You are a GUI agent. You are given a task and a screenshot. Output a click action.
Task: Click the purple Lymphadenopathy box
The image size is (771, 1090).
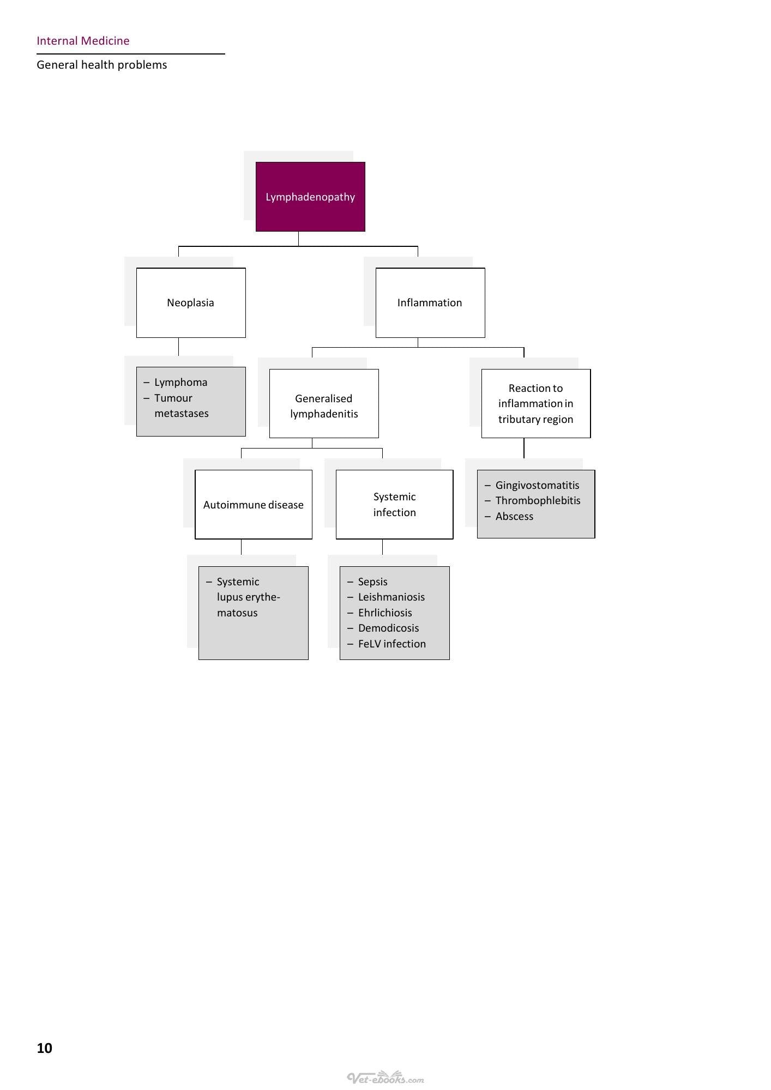pyautogui.click(x=310, y=197)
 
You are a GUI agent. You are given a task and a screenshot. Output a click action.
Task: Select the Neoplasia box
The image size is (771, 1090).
pyautogui.click(x=191, y=302)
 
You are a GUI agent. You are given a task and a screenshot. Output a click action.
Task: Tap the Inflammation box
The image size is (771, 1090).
pyautogui.click(x=430, y=302)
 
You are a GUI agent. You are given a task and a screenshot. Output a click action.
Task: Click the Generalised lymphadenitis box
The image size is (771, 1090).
pyautogui.click(x=324, y=403)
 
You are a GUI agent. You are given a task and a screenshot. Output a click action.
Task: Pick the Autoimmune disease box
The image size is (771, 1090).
pyautogui.click(x=254, y=505)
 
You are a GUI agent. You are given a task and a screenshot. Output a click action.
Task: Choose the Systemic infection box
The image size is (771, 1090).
pyautogui.click(x=395, y=505)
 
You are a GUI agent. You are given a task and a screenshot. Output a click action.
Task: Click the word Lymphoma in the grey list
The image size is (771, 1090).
pyautogui.click(x=181, y=383)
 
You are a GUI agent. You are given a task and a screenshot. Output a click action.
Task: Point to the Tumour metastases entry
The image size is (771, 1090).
pyautogui.click(x=182, y=405)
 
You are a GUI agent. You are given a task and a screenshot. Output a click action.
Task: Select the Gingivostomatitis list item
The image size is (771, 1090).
pyautogui.click(x=538, y=486)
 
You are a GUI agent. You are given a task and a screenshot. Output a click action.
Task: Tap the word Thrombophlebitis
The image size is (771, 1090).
pyautogui.click(x=538, y=501)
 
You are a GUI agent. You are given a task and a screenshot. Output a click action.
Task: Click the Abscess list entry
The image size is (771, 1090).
pyautogui.click(x=514, y=516)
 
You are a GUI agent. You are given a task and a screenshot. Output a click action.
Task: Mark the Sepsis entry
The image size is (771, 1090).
pyautogui.click(x=373, y=582)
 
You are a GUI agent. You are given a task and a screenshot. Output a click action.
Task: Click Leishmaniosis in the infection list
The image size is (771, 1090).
pyautogui.click(x=391, y=597)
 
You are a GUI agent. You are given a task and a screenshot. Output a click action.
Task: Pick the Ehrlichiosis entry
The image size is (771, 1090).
pyautogui.click(x=385, y=613)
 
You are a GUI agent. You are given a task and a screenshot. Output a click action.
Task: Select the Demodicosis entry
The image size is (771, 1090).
pyautogui.click(x=389, y=628)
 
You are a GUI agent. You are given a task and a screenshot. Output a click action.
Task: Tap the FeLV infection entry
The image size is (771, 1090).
pyautogui.click(x=392, y=644)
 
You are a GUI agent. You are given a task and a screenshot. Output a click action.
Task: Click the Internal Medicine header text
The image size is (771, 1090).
pyautogui.click(x=83, y=41)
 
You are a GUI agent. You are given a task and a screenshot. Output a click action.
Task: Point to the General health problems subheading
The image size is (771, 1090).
pyautogui.click(x=102, y=65)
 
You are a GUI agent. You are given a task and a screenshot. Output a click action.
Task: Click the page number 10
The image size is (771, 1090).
pyautogui.click(x=45, y=1048)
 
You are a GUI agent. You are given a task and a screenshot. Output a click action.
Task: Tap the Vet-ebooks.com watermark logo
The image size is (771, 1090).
pyautogui.click(x=385, y=1077)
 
